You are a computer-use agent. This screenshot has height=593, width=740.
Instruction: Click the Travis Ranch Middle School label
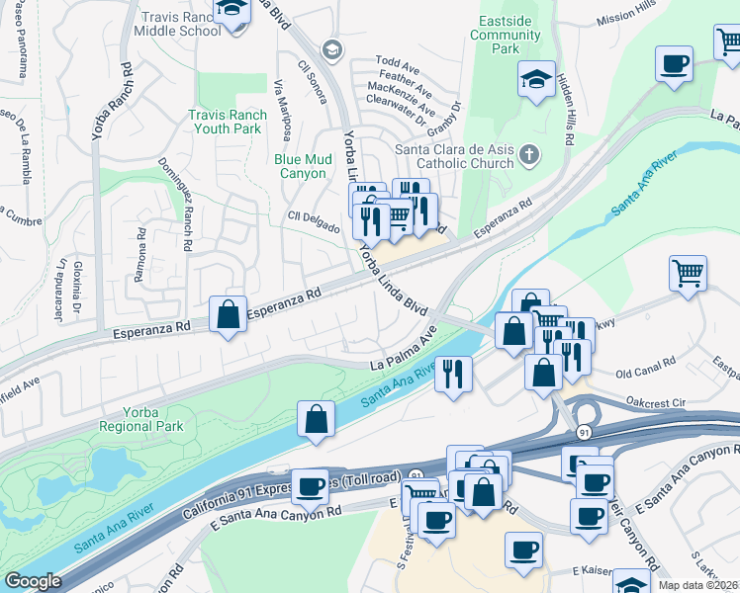click(x=181, y=25)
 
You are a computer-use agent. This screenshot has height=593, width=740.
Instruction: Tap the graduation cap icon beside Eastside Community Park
click(x=536, y=81)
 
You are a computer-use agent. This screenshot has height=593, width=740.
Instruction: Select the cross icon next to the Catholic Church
click(x=529, y=154)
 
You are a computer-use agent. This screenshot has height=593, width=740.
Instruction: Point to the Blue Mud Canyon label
click(x=300, y=165)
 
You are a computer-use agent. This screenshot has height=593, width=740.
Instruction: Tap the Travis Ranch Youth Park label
click(x=227, y=122)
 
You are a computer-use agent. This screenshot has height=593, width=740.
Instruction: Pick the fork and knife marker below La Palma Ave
click(x=453, y=375)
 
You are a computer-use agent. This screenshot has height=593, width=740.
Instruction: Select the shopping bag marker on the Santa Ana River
click(x=316, y=419)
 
